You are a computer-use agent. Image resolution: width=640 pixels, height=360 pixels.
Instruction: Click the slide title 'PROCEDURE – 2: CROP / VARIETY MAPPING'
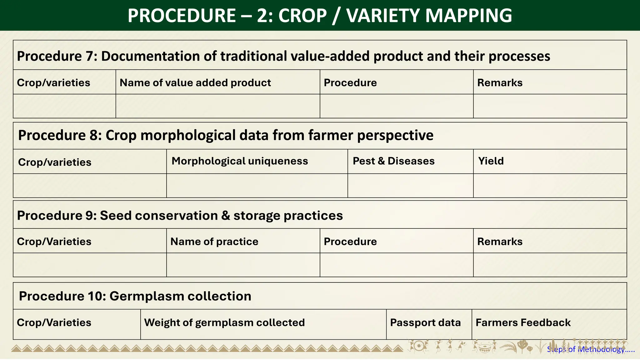coord(320,15)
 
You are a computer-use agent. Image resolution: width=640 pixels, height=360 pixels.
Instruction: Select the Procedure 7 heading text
coord(283,56)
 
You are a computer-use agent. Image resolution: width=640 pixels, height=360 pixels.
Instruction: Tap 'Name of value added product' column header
coord(195,82)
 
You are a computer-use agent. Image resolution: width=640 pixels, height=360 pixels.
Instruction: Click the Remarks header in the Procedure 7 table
coord(500,82)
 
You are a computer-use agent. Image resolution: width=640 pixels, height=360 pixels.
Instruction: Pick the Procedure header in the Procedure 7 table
coord(350,82)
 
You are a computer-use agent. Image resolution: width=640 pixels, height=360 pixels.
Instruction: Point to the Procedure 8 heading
coord(226,135)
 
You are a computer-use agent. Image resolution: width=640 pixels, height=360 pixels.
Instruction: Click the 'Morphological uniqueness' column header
coord(240,161)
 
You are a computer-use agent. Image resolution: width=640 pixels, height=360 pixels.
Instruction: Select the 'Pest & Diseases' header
coord(393,161)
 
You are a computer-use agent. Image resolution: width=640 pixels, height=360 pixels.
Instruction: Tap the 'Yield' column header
coord(491,161)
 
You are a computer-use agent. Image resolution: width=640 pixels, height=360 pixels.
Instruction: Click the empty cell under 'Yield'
coord(550,186)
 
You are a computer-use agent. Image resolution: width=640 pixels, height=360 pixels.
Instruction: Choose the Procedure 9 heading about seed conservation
coord(180,216)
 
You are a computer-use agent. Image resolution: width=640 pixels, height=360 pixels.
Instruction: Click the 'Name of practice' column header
coord(214,242)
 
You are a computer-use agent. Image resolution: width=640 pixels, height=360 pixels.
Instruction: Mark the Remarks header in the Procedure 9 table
coord(500,242)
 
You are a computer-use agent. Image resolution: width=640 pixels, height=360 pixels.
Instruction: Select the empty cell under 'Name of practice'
coord(243,265)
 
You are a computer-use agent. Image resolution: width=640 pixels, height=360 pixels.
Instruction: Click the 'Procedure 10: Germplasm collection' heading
coord(135,296)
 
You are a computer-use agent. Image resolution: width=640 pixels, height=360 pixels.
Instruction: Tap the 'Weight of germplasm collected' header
coord(224,322)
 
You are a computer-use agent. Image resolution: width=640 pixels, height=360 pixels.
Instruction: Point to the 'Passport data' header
coord(425,322)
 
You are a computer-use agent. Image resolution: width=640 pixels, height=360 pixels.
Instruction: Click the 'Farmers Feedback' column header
coord(523,322)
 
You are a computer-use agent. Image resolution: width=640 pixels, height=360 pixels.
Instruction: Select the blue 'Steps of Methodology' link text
coord(590,350)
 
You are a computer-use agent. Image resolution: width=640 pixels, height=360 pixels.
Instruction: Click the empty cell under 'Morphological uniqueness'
coord(257,186)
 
